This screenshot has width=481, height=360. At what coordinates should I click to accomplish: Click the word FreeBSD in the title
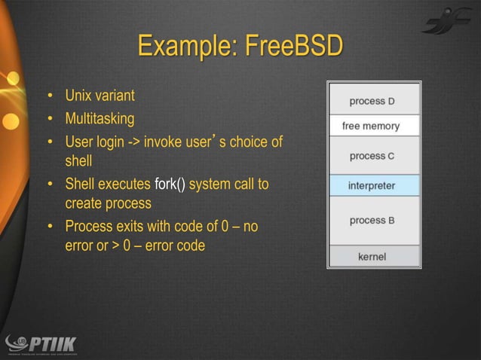point(294,47)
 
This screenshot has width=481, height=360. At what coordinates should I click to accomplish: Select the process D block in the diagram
point(372,101)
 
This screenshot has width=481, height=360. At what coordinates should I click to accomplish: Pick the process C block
point(372,156)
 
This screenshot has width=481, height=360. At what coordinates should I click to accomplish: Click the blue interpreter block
point(372,185)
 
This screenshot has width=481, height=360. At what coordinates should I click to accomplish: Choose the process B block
point(372,220)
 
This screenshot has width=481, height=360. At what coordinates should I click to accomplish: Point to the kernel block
point(372,257)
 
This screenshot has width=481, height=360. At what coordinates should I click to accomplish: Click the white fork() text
point(170,184)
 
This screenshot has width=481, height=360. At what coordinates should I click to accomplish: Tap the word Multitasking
point(100,119)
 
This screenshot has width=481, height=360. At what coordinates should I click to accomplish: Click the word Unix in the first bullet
point(79,96)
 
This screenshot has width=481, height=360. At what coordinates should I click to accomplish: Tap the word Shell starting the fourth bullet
point(81,184)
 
